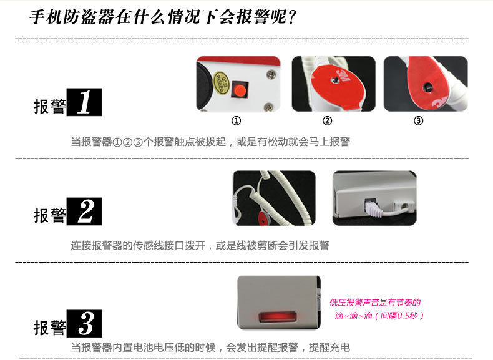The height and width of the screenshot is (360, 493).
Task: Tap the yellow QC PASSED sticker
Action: [x=222, y=82]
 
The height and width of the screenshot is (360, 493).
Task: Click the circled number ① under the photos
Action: [x=236, y=120]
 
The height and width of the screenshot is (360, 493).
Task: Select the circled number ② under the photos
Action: [x=327, y=120]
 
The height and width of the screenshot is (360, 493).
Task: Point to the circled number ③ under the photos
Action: [x=418, y=120]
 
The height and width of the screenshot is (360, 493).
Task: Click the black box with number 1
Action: [x=85, y=102]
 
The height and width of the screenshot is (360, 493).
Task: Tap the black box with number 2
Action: [x=85, y=212]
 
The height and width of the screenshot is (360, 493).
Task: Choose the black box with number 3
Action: [x=85, y=324]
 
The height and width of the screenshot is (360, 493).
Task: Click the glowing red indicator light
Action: [x=277, y=316]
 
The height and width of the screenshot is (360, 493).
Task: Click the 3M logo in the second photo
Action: [x=344, y=76]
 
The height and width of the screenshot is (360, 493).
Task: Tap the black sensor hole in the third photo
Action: [x=427, y=87]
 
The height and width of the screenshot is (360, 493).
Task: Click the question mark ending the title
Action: [x=292, y=17]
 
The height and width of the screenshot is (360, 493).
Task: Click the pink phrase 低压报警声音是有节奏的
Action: [x=375, y=303]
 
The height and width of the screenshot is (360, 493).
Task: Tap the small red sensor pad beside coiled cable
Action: [x=263, y=218]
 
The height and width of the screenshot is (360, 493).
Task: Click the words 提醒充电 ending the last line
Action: [x=329, y=347]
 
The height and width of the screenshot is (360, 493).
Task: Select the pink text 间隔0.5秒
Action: [x=399, y=315]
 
